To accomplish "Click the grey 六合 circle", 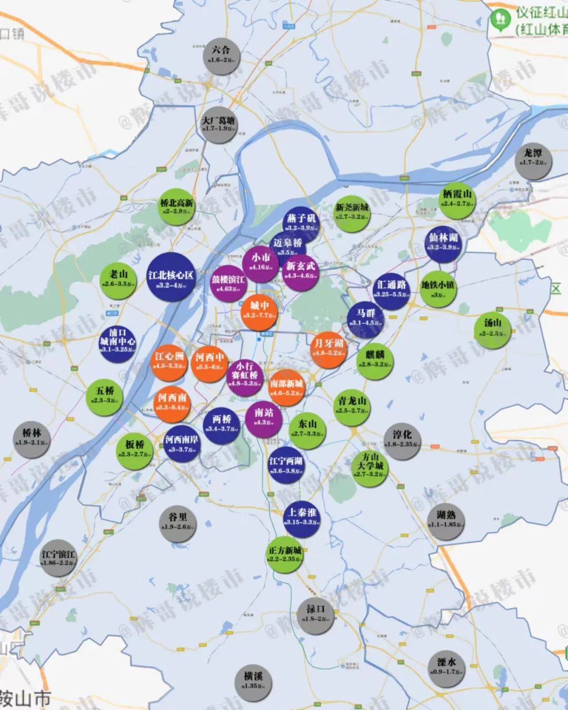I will point(221,55).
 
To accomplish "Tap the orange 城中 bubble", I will point(259,310).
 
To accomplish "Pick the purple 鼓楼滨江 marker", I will point(228,285).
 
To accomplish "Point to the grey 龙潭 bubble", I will point(533,158).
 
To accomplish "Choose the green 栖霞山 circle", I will point(457,199).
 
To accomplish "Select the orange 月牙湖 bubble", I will point(329,349).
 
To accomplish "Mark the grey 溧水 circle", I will point(446,668).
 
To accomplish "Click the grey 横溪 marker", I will point(253,681).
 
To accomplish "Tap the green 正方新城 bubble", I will point(285,555).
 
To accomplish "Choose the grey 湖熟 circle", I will point(445,520).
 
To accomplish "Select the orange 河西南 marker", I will point(172,403).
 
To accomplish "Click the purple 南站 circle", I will point(263,418).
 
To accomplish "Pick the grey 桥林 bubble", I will point(32,438).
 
